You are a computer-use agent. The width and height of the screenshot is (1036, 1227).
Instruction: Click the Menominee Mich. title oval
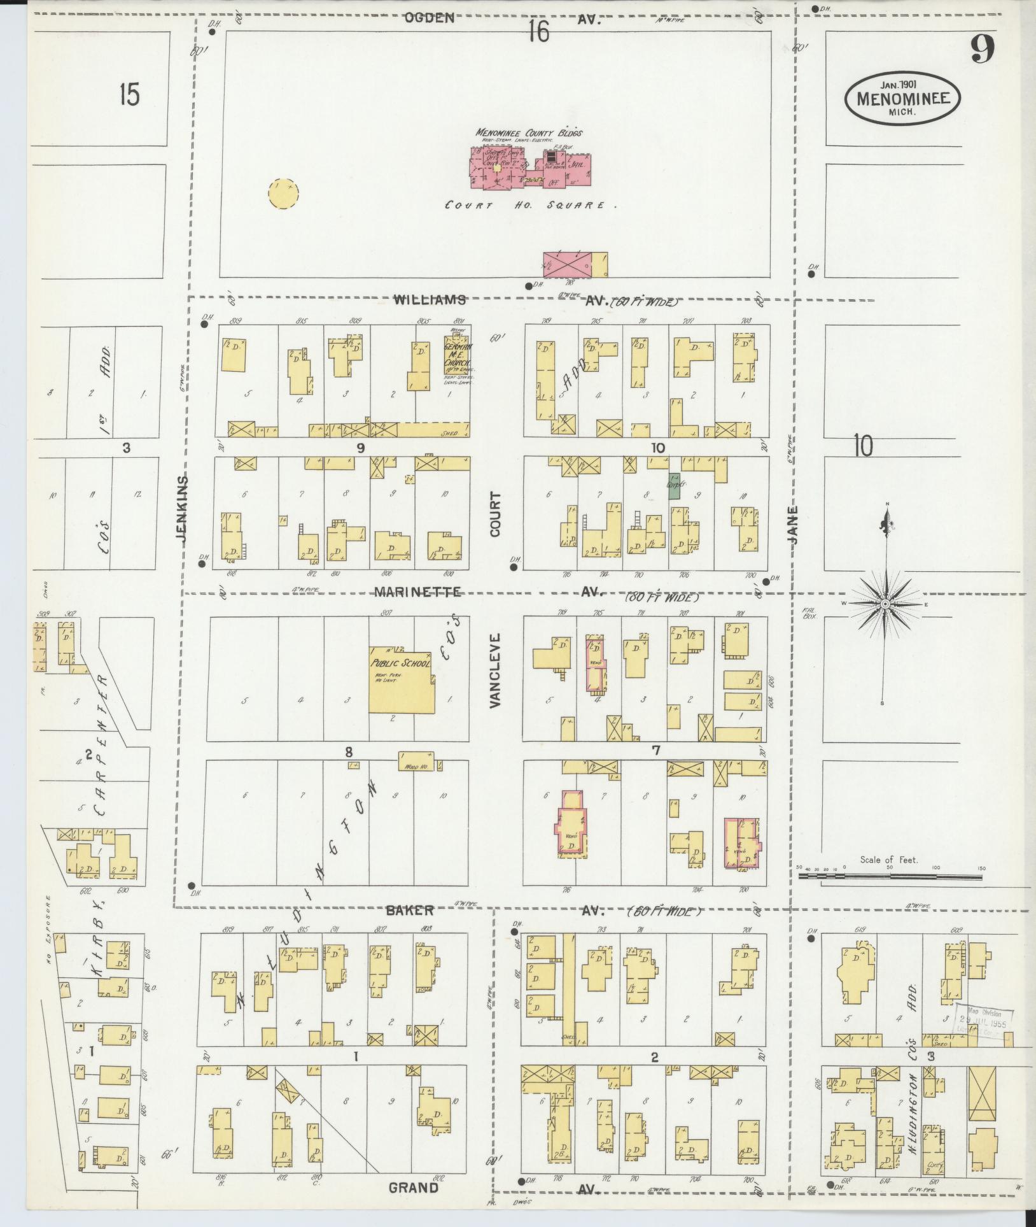tap(902, 99)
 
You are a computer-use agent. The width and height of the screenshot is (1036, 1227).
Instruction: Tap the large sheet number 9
tap(983, 49)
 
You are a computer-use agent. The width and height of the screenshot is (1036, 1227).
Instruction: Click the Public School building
tap(402, 681)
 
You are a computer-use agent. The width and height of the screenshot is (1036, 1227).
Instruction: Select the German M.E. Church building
tap(458, 357)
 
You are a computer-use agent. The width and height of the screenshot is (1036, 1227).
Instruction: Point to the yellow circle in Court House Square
tap(284, 193)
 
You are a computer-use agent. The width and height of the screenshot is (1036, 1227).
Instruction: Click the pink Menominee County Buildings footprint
tap(530, 167)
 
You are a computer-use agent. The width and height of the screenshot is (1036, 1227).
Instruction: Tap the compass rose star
tap(885, 602)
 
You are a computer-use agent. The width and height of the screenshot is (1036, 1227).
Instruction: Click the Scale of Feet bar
tap(889, 877)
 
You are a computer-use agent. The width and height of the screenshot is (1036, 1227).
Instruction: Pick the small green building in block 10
tap(674, 485)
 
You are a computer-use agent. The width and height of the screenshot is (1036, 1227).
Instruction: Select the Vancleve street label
tap(496, 670)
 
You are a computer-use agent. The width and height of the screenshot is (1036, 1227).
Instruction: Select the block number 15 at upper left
tap(129, 96)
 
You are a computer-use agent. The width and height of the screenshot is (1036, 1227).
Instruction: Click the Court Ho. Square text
tap(531, 206)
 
